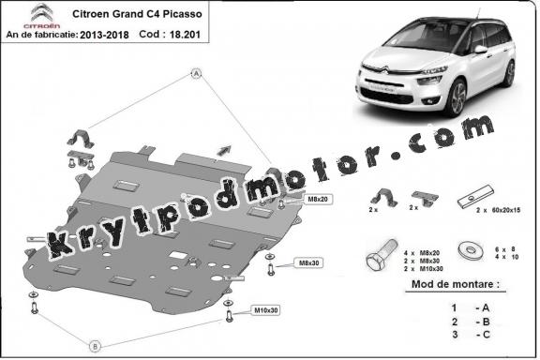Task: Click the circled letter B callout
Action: [x=94, y=346]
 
